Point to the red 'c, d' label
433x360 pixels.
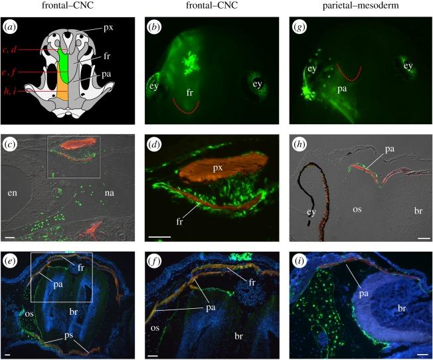12,48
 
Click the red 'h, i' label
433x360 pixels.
11,91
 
